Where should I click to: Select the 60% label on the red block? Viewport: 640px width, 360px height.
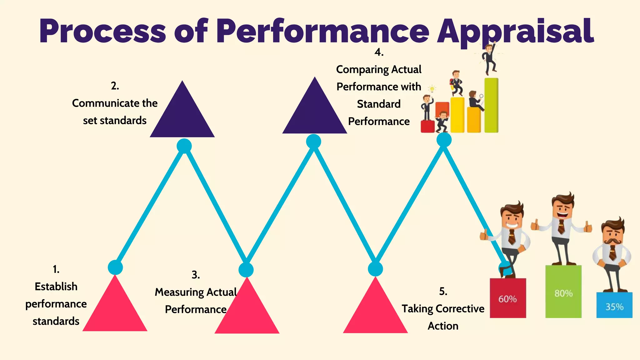507,299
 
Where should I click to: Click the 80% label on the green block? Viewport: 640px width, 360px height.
563,293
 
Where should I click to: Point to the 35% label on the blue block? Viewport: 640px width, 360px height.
614,307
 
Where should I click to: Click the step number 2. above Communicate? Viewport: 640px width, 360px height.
115,86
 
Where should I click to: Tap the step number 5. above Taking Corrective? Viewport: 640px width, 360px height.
443,292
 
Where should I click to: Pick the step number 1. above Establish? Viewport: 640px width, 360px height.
56,269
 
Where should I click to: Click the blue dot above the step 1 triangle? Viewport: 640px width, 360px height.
115,267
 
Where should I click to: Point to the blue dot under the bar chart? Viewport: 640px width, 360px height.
444,140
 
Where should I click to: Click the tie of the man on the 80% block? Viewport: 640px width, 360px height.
561,227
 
